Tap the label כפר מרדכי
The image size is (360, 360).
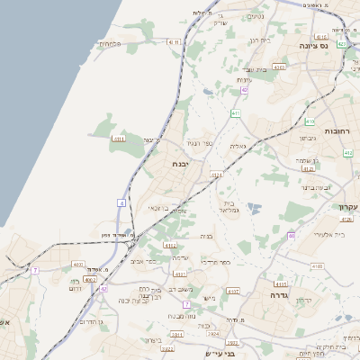[x=213, y=262]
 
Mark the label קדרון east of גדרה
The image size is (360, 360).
[x=305, y=301]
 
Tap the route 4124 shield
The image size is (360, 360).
[x=216, y=175]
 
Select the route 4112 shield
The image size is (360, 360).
[x=169, y=245]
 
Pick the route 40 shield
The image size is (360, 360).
[x=292, y=235]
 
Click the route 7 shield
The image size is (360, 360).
[x=35, y=270]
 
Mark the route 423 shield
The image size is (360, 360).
[x=341, y=43]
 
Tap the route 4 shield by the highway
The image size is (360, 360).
[x=121, y=203]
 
